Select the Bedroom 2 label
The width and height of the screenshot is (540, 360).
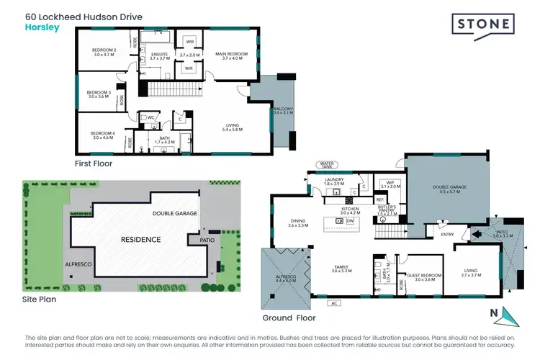104,51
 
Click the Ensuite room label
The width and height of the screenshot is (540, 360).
159,55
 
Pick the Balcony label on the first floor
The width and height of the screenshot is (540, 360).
279,109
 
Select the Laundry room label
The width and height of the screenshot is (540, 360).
333,182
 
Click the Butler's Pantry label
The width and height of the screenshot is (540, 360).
387,210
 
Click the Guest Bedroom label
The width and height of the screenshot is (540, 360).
420,275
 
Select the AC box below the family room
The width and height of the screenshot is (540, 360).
334,303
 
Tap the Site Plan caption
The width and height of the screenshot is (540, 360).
39,298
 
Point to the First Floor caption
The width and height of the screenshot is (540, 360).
94,163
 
